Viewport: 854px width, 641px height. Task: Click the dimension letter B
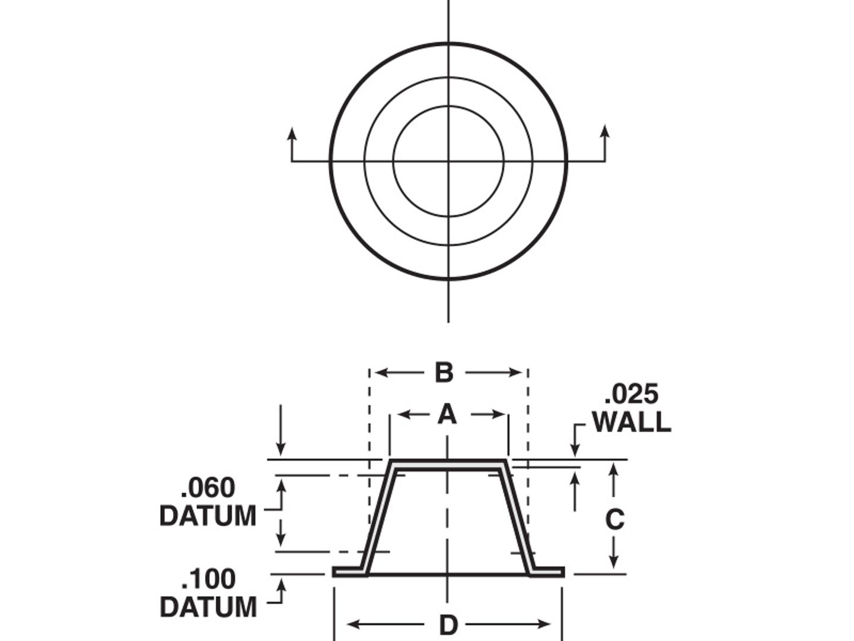(x=444, y=373)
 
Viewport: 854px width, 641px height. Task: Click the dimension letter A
(x=448, y=415)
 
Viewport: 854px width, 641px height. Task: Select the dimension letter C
(x=614, y=519)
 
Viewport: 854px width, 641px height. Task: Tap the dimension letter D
(x=449, y=624)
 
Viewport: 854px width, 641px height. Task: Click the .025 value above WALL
(x=631, y=395)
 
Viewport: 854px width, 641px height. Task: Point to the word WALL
(x=631, y=422)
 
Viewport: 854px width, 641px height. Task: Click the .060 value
(x=208, y=488)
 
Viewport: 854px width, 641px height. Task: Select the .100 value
(x=208, y=579)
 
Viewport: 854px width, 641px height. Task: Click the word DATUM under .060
(x=208, y=516)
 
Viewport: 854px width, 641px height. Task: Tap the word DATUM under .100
(x=208, y=607)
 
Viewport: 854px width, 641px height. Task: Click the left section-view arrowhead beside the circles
(x=292, y=132)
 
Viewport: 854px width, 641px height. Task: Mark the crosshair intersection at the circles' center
(x=448, y=161)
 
